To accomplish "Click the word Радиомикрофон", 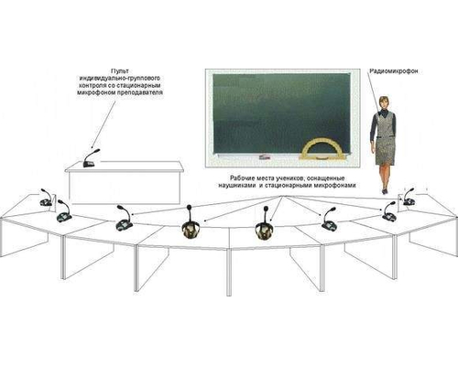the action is point(394,71).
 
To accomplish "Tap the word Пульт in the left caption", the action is point(120,70).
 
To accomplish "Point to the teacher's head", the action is point(384,102).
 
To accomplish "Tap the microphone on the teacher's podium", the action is point(91,158).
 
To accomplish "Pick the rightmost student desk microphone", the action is point(409,197).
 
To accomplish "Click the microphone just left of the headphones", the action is point(124,218).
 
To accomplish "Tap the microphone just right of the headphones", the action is point(329,219).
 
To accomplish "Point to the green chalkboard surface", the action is point(281,113).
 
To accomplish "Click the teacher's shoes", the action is point(384,191).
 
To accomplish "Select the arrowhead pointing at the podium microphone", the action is point(92,145).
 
